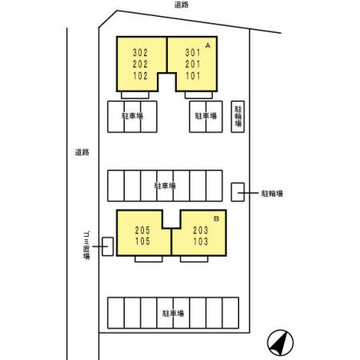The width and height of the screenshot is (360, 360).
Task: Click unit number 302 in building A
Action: pyautogui.click(x=140, y=53)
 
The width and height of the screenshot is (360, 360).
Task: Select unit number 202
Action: pyautogui.click(x=140, y=64)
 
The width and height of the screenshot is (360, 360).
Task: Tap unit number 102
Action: pyautogui.click(x=140, y=76)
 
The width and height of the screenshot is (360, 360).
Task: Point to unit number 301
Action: pyautogui.click(x=193, y=53)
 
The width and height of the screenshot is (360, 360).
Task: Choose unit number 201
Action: pyautogui.click(x=193, y=64)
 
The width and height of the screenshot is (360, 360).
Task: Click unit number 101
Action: pyautogui.click(x=193, y=76)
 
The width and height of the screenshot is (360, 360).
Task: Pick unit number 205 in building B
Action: pyautogui.click(x=142, y=230)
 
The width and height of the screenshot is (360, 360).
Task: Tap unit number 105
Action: pyautogui.click(x=142, y=241)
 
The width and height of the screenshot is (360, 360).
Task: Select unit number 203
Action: pyautogui.click(x=201, y=230)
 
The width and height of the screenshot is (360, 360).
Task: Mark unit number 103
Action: pyautogui.click(x=201, y=242)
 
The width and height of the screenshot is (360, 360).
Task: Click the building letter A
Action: pyautogui.click(x=208, y=46)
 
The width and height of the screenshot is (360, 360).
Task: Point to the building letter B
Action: pyautogui.click(x=216, y=218)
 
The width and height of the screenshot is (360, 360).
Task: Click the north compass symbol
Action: pyautogui.click(x=280, y=342)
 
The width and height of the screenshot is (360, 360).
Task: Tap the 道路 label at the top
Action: pyautogui.click(x=182, y=5)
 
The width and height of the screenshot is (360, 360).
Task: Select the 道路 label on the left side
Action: pyautogui.click(x=82, y=152)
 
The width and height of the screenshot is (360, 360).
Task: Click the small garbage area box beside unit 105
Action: pyautogui.click(x=108, y=246)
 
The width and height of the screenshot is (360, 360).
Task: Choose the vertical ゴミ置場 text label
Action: pyautogui.click(x=86, y=246)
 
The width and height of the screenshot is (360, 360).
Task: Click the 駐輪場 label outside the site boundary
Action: pyautogui.click(x=272, y=194)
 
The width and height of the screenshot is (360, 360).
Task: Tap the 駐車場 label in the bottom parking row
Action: pyautogui.click(x=174, y=313)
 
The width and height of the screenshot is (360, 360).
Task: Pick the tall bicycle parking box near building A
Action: pyautogui.click(x=238, y=117)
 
